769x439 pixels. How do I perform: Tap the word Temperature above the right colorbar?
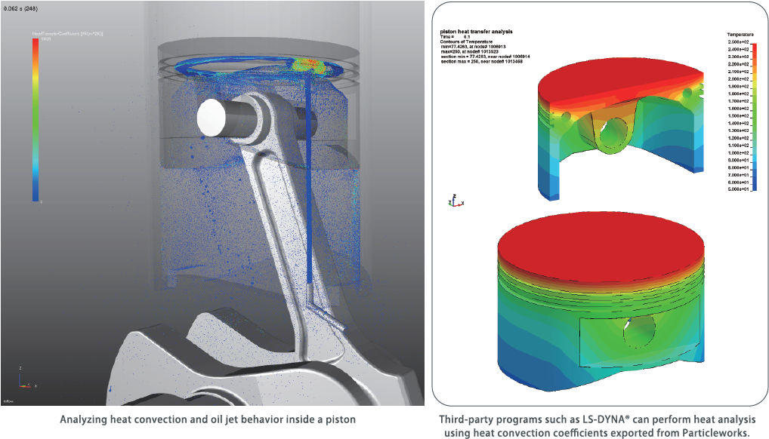(x=741, y=35)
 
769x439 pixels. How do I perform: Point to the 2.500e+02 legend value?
(x=739, y=42)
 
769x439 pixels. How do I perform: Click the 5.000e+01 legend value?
(x=739, y=190)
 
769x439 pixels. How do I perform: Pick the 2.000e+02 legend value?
(x=739, y=79)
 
